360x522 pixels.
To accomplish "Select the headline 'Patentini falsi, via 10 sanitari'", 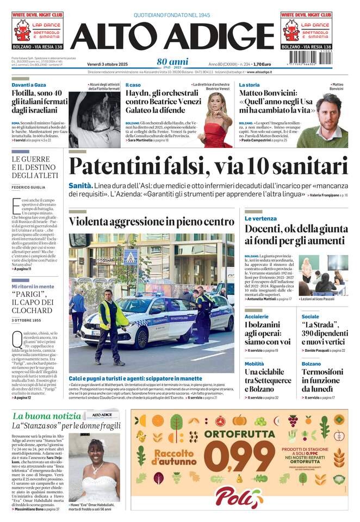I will point(208,166).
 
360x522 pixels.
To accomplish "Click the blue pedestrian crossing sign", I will point(131,256).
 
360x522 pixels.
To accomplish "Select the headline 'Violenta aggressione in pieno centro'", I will point(151,222).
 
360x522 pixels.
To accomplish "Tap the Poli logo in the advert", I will point(239,496).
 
